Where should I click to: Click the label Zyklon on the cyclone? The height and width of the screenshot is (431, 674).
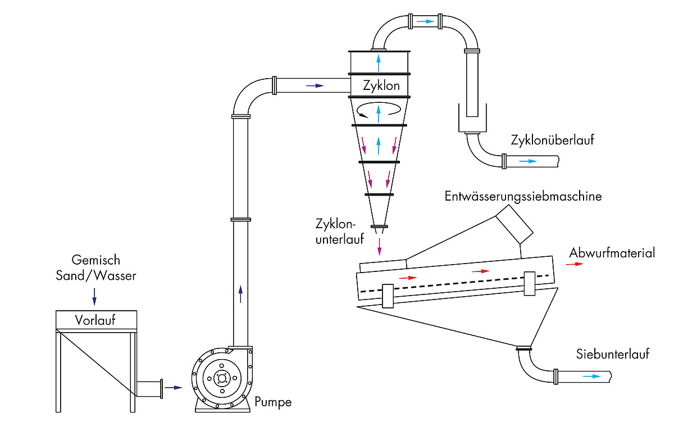(x=381, y=86)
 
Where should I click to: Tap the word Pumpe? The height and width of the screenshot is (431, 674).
(x=273, y=402)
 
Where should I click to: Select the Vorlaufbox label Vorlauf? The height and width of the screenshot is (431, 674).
(x=95, y=320)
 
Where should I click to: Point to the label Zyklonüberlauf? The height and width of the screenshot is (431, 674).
(x=552, y=140)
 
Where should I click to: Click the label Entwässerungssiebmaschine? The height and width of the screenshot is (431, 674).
(x=523, y=197)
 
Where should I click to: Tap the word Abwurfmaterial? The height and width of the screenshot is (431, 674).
(x=612, y=253)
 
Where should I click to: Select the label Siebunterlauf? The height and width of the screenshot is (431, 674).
(x=612, y=354)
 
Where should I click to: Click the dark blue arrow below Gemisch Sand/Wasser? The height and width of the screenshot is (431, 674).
(x=94, y=296)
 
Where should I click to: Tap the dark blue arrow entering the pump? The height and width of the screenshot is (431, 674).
(x=174, y=388)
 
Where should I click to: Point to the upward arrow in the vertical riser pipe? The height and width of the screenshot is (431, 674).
(x=240, y=294)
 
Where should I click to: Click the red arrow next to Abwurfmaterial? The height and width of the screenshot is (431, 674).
(x=574, y=265)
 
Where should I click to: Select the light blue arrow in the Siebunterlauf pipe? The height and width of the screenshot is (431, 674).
(x=591, y=376)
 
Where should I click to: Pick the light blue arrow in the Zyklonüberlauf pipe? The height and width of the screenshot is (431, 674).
(x=528, y=161)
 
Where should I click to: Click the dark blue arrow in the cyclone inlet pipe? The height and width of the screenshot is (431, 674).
(x=315, y=86)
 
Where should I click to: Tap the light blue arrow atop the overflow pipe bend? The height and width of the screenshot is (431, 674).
(x=425, y=21)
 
